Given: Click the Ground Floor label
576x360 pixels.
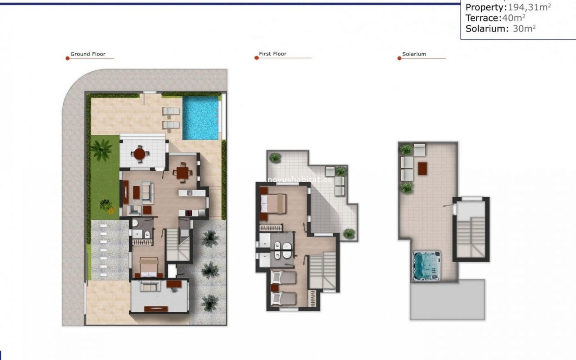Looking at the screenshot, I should pyautogui.click(x=88, y=54).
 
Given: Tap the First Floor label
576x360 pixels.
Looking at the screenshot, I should pyautogui.click(x=272, y=54).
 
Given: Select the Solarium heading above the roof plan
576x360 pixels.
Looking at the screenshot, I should pyautogui.click(x=414, y=54).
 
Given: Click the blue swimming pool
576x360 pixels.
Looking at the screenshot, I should pyautogui.click(x=200, y=118).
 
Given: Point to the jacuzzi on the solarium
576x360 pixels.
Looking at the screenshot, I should pyautogui.click(x=426, y=266).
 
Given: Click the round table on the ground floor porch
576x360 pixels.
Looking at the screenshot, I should pyautogui.click(x=140, y=154).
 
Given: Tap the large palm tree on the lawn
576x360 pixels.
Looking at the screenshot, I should pyautogui.click(x=101, y=149).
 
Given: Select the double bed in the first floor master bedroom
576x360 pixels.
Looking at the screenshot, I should pyautogui.click(x=273, y=204).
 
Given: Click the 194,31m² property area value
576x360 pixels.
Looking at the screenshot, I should pyautogui.click(x=529, y=7).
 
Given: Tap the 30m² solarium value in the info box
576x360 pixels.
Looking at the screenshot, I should pyautogui.click(x=524, y=29).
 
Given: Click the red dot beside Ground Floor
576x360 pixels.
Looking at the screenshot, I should pyautogui.click(x=67, y=58).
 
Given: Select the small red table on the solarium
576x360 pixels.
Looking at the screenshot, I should pyautogui.click(x=422, y=169).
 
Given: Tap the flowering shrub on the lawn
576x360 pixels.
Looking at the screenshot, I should pyautogui.click(x=106, y=206).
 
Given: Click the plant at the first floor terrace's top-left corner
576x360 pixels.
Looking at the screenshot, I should pyautogui.click(x=275, y=157).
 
